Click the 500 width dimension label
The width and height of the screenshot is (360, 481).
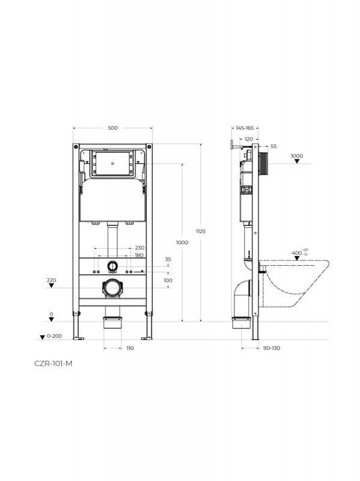[112, 128]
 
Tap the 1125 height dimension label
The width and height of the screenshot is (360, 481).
[201, 231]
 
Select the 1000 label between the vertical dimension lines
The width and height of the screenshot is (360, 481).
[182, 242]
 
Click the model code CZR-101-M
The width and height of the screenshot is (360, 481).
[53, 364]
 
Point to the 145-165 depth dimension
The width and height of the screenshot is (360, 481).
[245, 128]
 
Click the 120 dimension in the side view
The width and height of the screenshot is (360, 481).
[249, 139]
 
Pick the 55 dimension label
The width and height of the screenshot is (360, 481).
[273, 146]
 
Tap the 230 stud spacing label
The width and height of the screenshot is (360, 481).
[139, 248]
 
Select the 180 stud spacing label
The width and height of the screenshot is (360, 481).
[139, 255]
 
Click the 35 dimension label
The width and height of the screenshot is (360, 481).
[168, 260]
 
